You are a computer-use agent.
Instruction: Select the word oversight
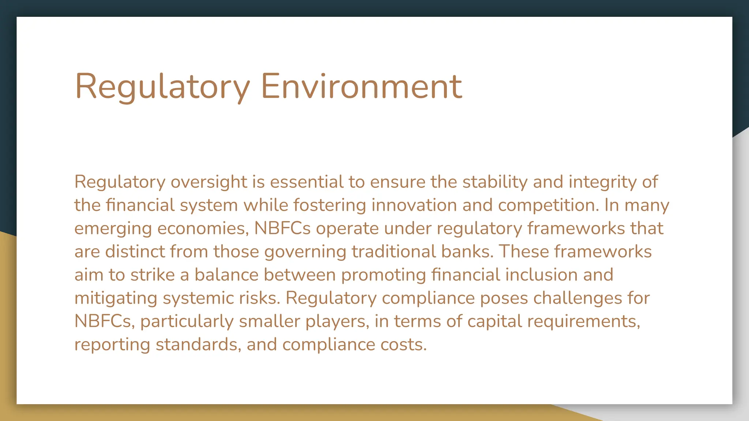coord(209,182)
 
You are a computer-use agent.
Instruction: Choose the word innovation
coord(414,205)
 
